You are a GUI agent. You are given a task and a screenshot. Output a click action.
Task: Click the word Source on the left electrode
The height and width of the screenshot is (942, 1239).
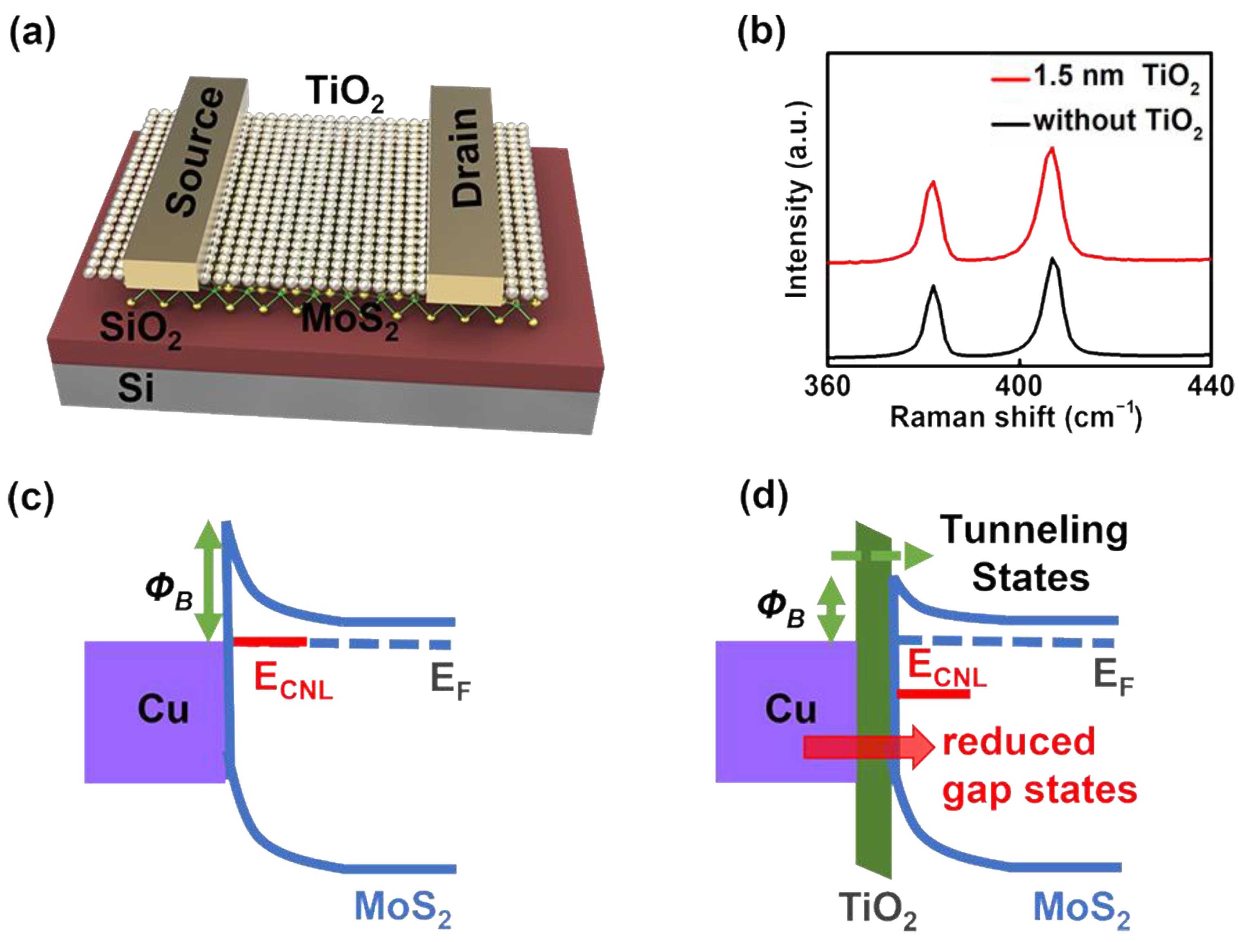196,152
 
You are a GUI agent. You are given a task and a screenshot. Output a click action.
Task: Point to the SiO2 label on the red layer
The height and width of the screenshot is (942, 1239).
140,330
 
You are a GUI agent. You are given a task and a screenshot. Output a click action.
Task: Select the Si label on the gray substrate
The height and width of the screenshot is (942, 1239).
136,387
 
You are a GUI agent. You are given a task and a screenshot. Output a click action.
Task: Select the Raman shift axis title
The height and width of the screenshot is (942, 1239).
1015,418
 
